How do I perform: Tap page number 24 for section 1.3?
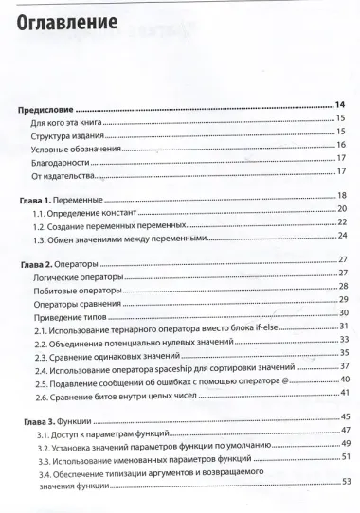click(344, 236)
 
